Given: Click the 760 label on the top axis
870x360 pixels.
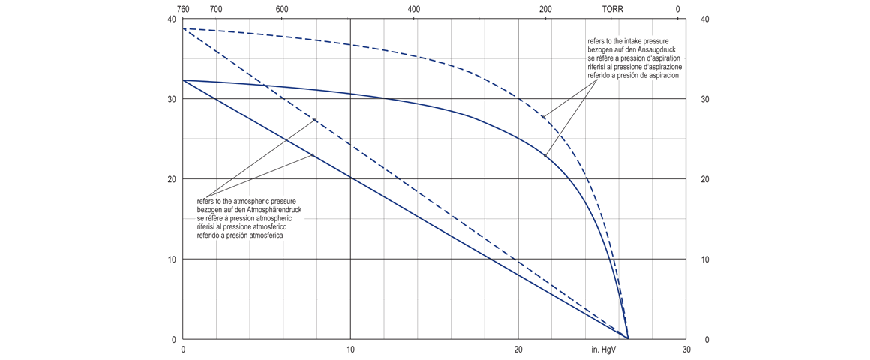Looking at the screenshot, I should pyautogui.click(x=183, y=9).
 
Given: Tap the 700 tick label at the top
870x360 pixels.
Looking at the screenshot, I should pyautogui.click(x=216, y=9).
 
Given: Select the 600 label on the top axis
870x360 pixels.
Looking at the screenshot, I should pyautogui.click(x=282, y=9).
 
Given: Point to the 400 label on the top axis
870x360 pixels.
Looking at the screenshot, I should pyautogui.click(x=414, y=9).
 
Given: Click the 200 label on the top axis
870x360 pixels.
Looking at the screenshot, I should pyautogui.click(x=545, y=9).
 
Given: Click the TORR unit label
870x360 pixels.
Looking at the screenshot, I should pyautogui.click(x=613, y=9).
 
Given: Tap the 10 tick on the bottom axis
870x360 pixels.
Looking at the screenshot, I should pyautogui.click(x=350, y=349).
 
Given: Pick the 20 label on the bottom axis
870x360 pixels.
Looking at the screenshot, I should pyautogui.click(x=518, y=349).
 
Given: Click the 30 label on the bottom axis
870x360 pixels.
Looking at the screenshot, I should pyautogui.click(x=685, y=349).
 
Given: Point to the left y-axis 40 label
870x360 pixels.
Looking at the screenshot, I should pyautogui.click(x=172, y=19).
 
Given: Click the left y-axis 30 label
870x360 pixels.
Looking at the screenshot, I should pyautogui.click(x=172, y=99).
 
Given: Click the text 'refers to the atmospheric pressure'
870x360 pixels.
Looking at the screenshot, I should pyautogui.click(x=247, y=202).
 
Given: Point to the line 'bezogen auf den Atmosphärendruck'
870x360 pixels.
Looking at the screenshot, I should pyautogui.click(x=249, y=210).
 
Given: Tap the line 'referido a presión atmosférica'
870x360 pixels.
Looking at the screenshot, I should pyautogui.click(x=241, y=235).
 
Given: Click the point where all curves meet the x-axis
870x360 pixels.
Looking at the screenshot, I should pyautogui.click(x=628, y=339).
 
